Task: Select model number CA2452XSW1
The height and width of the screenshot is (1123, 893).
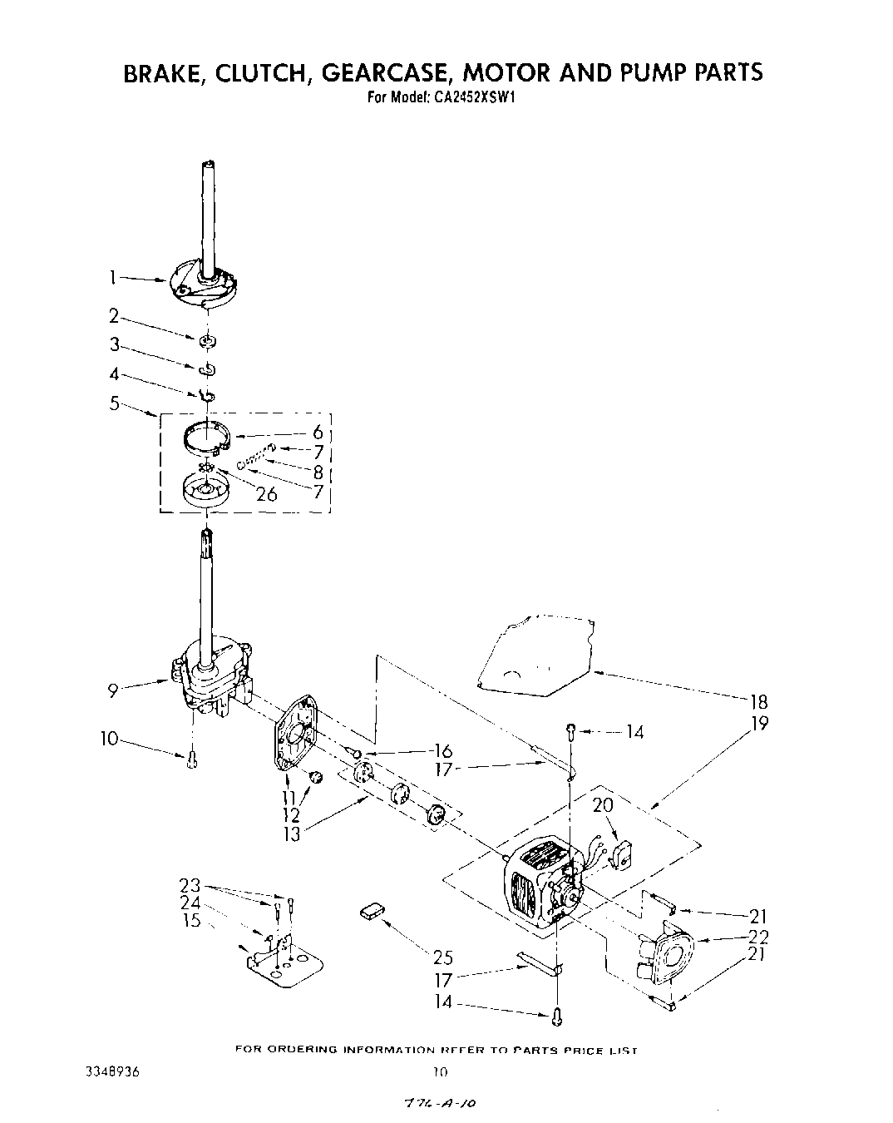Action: pos(474,96)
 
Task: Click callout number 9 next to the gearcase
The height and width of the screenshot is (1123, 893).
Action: pos(113,688)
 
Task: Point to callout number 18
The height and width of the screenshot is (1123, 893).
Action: pos(757,700)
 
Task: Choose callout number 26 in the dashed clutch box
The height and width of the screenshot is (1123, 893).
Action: pos(266,494)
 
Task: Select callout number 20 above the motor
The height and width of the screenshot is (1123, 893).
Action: pos(602,805)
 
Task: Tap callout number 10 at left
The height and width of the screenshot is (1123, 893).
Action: pos(110,738)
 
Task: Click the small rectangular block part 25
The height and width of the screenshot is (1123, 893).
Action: pos(372,912)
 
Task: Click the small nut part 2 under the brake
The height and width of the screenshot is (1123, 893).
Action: pos(208,340)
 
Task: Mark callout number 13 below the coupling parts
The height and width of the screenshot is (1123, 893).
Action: pos(291,834)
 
